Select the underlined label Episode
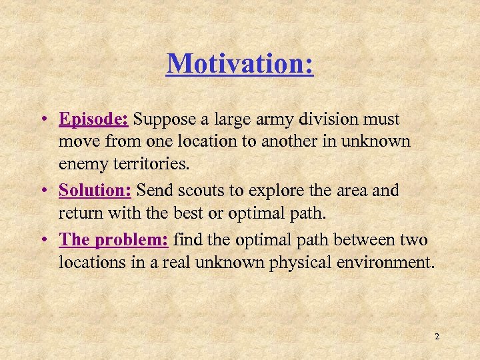(x=94, y=120)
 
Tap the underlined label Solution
(x=96, y=191)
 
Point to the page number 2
(x=437, y=337)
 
